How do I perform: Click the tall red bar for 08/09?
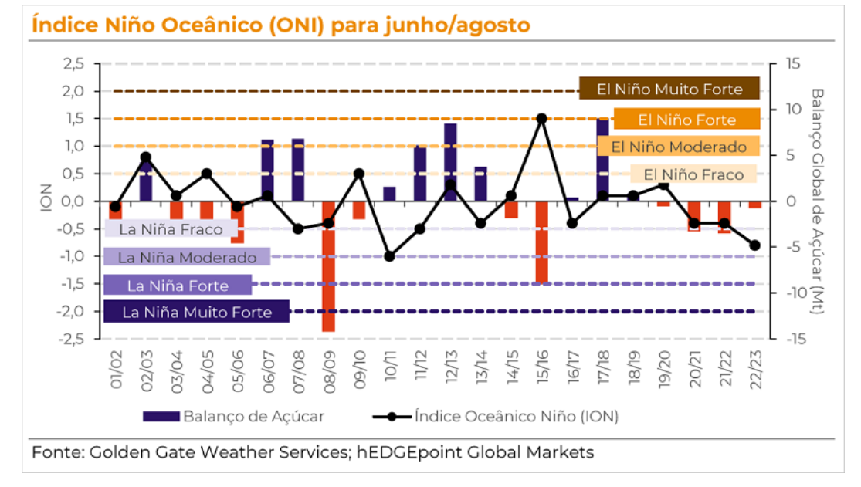(329, 266)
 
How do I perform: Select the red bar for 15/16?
(541, 242)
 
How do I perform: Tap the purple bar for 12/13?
(450, 161)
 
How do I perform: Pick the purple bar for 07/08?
(298, 169)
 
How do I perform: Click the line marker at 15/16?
(541, 119)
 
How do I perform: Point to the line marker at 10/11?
(390, 256)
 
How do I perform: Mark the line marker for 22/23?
(754, 245)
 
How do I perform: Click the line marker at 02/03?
(146, 157)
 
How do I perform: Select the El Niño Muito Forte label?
(669, 89)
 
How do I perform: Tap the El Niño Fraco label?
(693, 174)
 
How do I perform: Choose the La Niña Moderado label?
(187, 257)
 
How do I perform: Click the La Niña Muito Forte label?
(197, 312)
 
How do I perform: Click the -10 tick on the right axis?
(795, 293)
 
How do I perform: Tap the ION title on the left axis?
(46, 200)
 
